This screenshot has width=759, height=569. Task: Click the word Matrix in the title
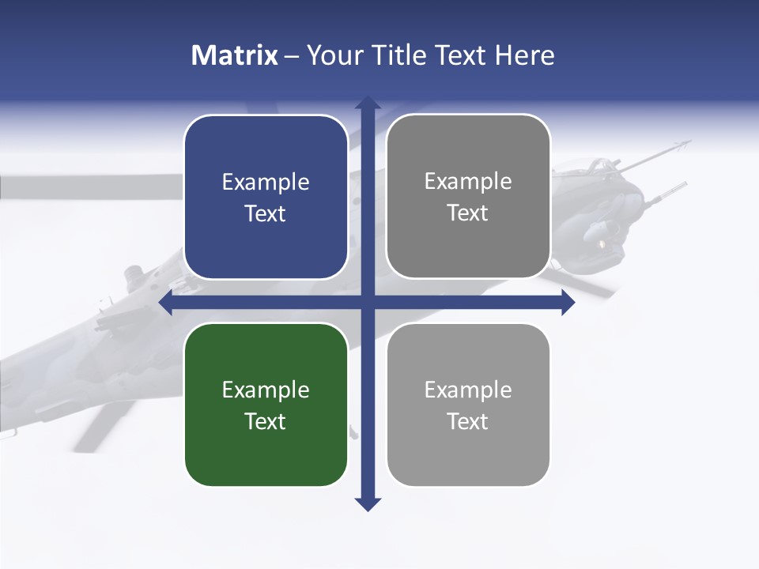(235, 55)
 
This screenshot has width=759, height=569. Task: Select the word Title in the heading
(400, 55)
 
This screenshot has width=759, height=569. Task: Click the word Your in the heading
(334, 56)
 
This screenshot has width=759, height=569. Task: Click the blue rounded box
(266, 197)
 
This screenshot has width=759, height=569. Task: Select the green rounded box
(266, 405)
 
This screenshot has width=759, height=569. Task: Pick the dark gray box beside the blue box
(468, 196)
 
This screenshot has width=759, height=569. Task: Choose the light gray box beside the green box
(468, 405)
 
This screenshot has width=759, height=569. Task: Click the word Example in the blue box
(266, 183)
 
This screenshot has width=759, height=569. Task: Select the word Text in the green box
(266, 421)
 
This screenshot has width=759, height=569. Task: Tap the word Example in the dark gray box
(468, 182)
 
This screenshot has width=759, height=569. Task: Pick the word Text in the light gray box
(468, 421)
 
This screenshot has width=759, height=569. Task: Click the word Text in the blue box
(266, 213)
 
